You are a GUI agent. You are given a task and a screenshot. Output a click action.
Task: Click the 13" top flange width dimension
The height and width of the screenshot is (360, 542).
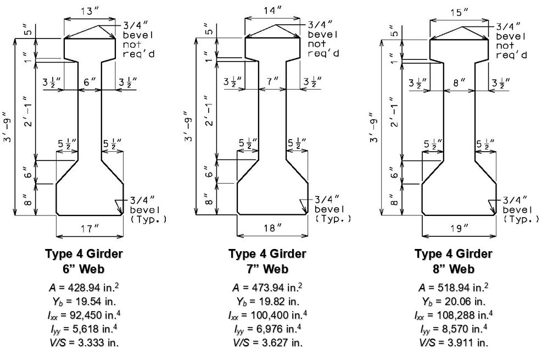90,11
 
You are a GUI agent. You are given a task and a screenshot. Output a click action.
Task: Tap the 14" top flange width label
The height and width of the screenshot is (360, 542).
272,11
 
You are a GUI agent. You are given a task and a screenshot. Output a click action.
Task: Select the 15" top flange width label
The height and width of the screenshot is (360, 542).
460,13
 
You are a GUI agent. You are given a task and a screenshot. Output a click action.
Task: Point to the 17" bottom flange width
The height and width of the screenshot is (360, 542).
90,229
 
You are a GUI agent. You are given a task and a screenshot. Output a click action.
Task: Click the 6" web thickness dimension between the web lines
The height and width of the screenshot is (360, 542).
90,82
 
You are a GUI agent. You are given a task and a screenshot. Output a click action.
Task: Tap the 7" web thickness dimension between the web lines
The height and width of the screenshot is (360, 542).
273,81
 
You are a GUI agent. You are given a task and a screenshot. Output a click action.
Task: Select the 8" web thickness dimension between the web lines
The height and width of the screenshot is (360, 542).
459,82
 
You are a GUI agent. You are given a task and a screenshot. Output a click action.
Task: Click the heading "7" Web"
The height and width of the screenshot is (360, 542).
267,269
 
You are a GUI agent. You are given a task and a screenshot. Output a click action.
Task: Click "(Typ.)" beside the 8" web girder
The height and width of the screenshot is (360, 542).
521,219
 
